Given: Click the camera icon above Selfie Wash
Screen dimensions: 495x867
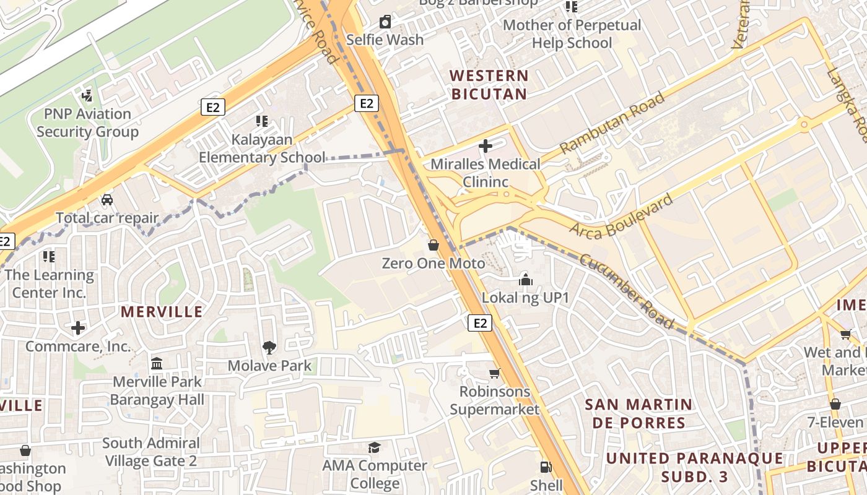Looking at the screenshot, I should pos(385,22).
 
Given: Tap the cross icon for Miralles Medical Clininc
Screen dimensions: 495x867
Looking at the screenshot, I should pos(486,146).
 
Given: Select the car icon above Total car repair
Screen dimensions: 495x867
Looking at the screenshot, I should pos(107,200).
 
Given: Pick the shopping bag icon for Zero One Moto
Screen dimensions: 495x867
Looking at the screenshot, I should pos(434,245).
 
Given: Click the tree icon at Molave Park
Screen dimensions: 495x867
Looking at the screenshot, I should pos(269,347).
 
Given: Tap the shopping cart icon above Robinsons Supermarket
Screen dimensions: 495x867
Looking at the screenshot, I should pos(494,373).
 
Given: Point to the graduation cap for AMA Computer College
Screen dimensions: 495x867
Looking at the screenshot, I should pos(375,447).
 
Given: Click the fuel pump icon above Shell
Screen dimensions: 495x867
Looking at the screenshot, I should pos(546,467).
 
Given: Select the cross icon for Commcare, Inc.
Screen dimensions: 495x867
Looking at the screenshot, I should pos(78,327).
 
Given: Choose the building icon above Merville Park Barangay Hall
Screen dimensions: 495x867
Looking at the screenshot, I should pos(157,363).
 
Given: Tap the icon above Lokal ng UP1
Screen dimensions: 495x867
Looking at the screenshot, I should pos(525,280).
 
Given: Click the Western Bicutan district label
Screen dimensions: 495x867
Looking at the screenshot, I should pos(489,85).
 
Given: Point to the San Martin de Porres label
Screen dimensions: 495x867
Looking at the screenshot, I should pos(639,413).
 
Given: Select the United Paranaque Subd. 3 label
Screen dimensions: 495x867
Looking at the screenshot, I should pos(694,467).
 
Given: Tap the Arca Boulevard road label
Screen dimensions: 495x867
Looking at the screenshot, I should pos(621,217).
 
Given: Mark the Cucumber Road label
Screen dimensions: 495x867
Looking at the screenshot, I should pos(625,291).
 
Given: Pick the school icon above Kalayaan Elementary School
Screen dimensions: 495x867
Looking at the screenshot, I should pos(261,121).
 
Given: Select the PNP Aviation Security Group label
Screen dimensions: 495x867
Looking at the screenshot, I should pos(87,123).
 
